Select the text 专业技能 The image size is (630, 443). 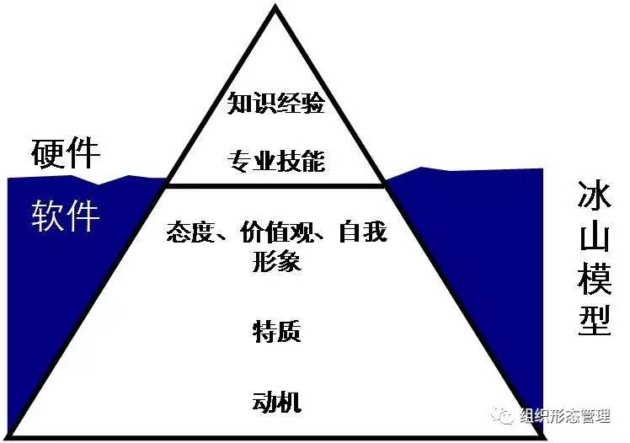tap(276, 160)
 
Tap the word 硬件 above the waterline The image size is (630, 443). tap(66, 154)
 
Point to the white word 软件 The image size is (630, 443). tap(66, 216)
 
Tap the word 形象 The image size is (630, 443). tap(276, 261)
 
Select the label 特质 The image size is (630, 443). tap(276, 331)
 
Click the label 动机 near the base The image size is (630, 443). tap(276, 401)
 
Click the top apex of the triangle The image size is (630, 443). tap(275, 7)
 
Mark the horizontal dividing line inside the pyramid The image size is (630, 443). tap(276, 185)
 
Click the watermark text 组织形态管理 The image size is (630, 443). tap(569, 416)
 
